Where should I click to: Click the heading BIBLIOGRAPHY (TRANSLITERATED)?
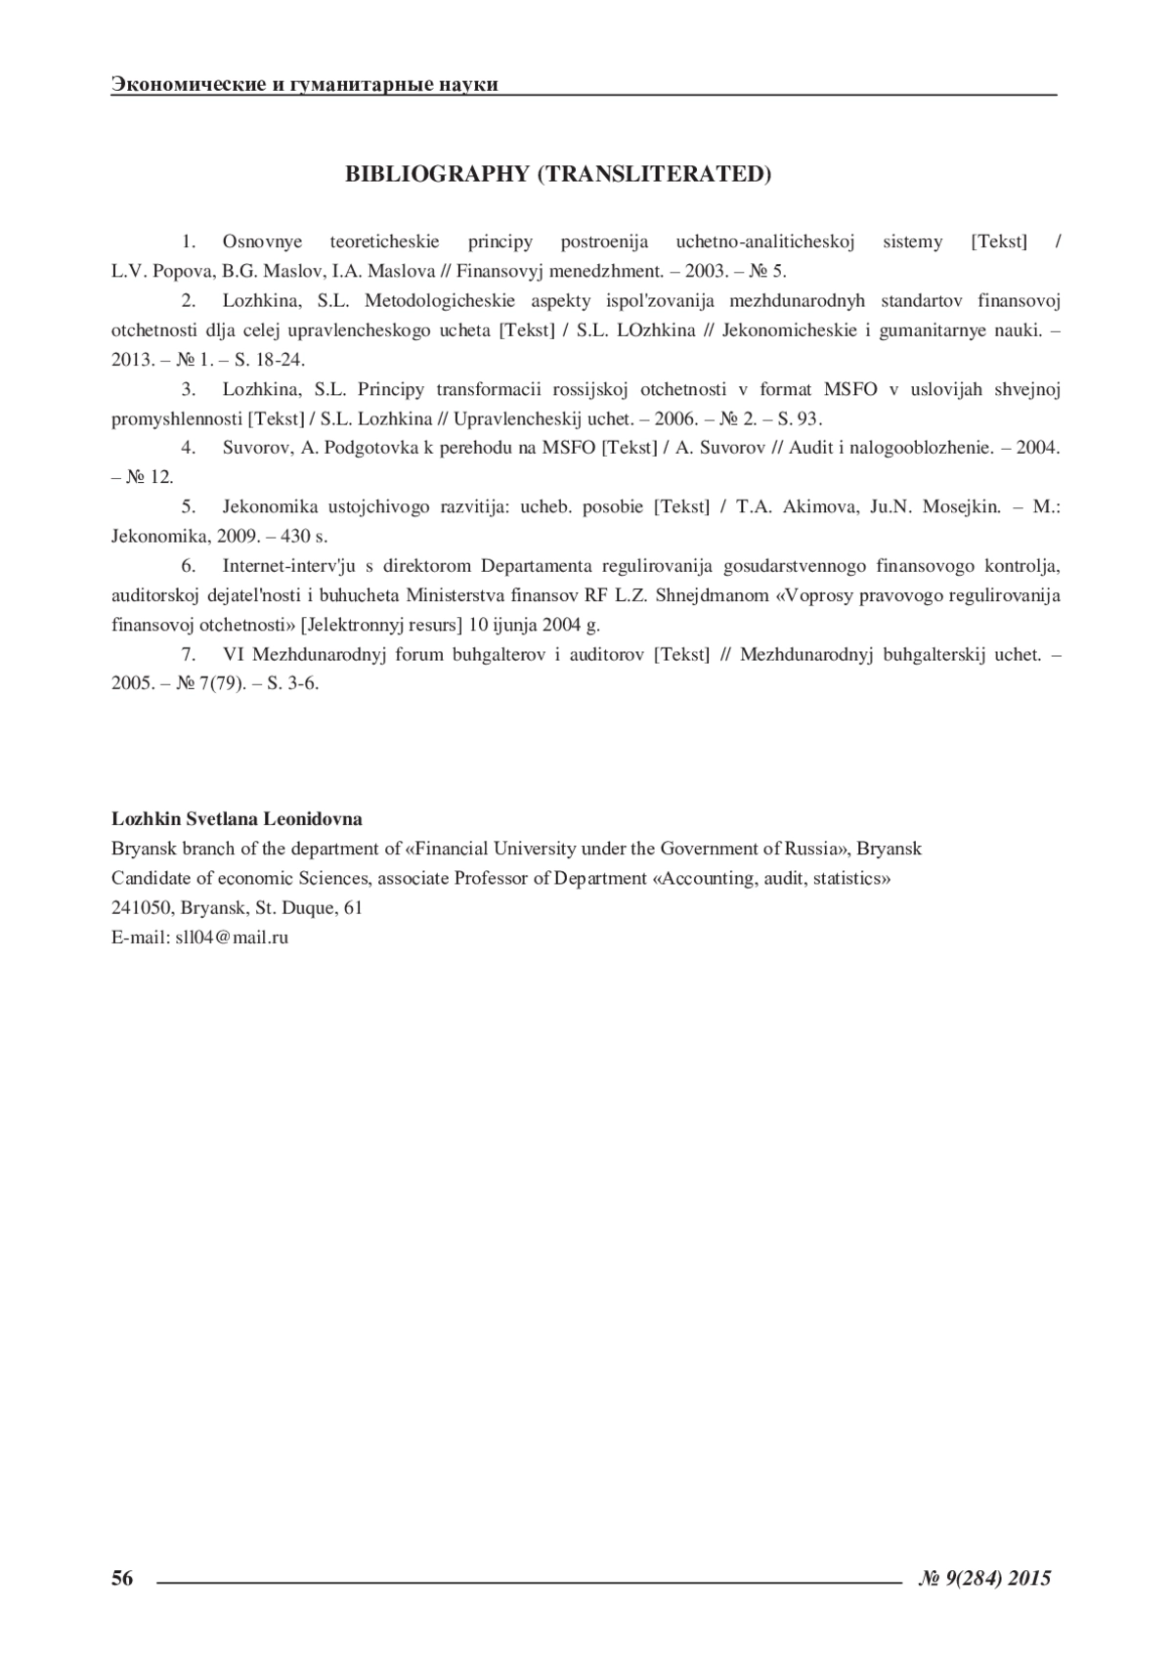click(x=558, y=174)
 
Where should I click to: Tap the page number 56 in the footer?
click(x=122, y=1577)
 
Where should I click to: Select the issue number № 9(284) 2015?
click(x=985, y=1577)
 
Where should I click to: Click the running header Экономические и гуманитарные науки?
click(x=305, y=84)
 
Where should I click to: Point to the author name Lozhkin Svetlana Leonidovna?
click(x=237, y=818)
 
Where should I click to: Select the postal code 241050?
click(x=143, y=907)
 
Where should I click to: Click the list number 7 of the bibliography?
click(x=189, y=654)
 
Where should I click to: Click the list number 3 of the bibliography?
click(x=189, y=389)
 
